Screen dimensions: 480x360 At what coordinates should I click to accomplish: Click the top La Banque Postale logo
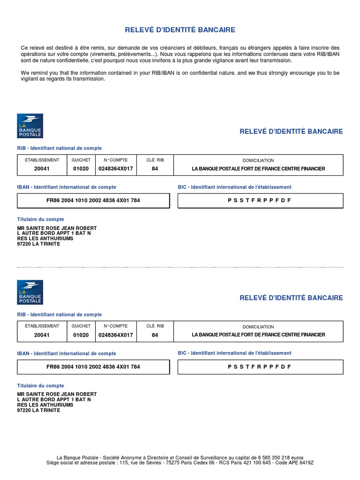pos(30,126)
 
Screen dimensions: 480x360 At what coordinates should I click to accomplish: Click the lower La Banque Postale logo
pos(30,292)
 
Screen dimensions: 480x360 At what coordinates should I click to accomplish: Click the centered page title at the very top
pos(180,30)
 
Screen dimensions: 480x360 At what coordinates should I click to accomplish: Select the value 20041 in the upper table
pos(42,169)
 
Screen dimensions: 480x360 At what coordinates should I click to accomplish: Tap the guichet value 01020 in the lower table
pos(81,335)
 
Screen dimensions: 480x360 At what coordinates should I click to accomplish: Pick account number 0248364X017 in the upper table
pos(116,169)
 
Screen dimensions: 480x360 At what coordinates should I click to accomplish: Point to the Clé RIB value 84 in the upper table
pos(155,169)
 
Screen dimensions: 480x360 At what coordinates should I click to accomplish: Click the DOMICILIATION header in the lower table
pos(258,327)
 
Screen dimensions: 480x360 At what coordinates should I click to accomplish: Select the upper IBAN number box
pos(93,200)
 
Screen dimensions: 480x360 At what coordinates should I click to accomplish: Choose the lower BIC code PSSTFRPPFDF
pos(260,367)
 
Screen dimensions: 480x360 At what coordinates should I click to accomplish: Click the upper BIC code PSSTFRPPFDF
pos(260,200)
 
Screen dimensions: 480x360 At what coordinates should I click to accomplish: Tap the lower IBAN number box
pos(93,367)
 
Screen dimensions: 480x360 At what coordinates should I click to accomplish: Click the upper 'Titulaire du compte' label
pos(41,219)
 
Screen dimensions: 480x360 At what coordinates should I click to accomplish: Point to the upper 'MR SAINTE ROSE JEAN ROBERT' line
pos(57,228)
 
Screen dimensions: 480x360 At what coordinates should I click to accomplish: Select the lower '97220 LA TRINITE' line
pos(39,410)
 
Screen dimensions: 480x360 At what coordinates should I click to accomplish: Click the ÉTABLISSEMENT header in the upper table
pos(42,160)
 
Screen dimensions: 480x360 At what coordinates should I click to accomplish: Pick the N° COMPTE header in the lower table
pos(116,326)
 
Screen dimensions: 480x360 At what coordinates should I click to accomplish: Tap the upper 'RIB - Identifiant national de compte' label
pos(60,148)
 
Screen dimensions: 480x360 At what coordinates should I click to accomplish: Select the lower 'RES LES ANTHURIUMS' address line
pos(45,405)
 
